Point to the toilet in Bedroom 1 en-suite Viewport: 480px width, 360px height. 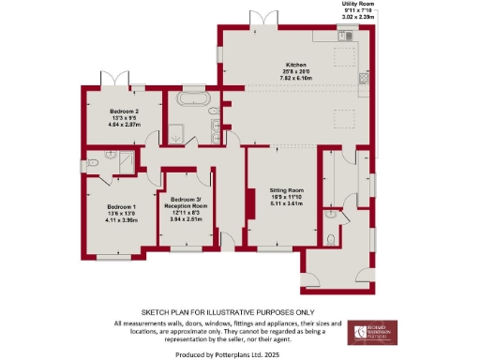click(97, 162)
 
